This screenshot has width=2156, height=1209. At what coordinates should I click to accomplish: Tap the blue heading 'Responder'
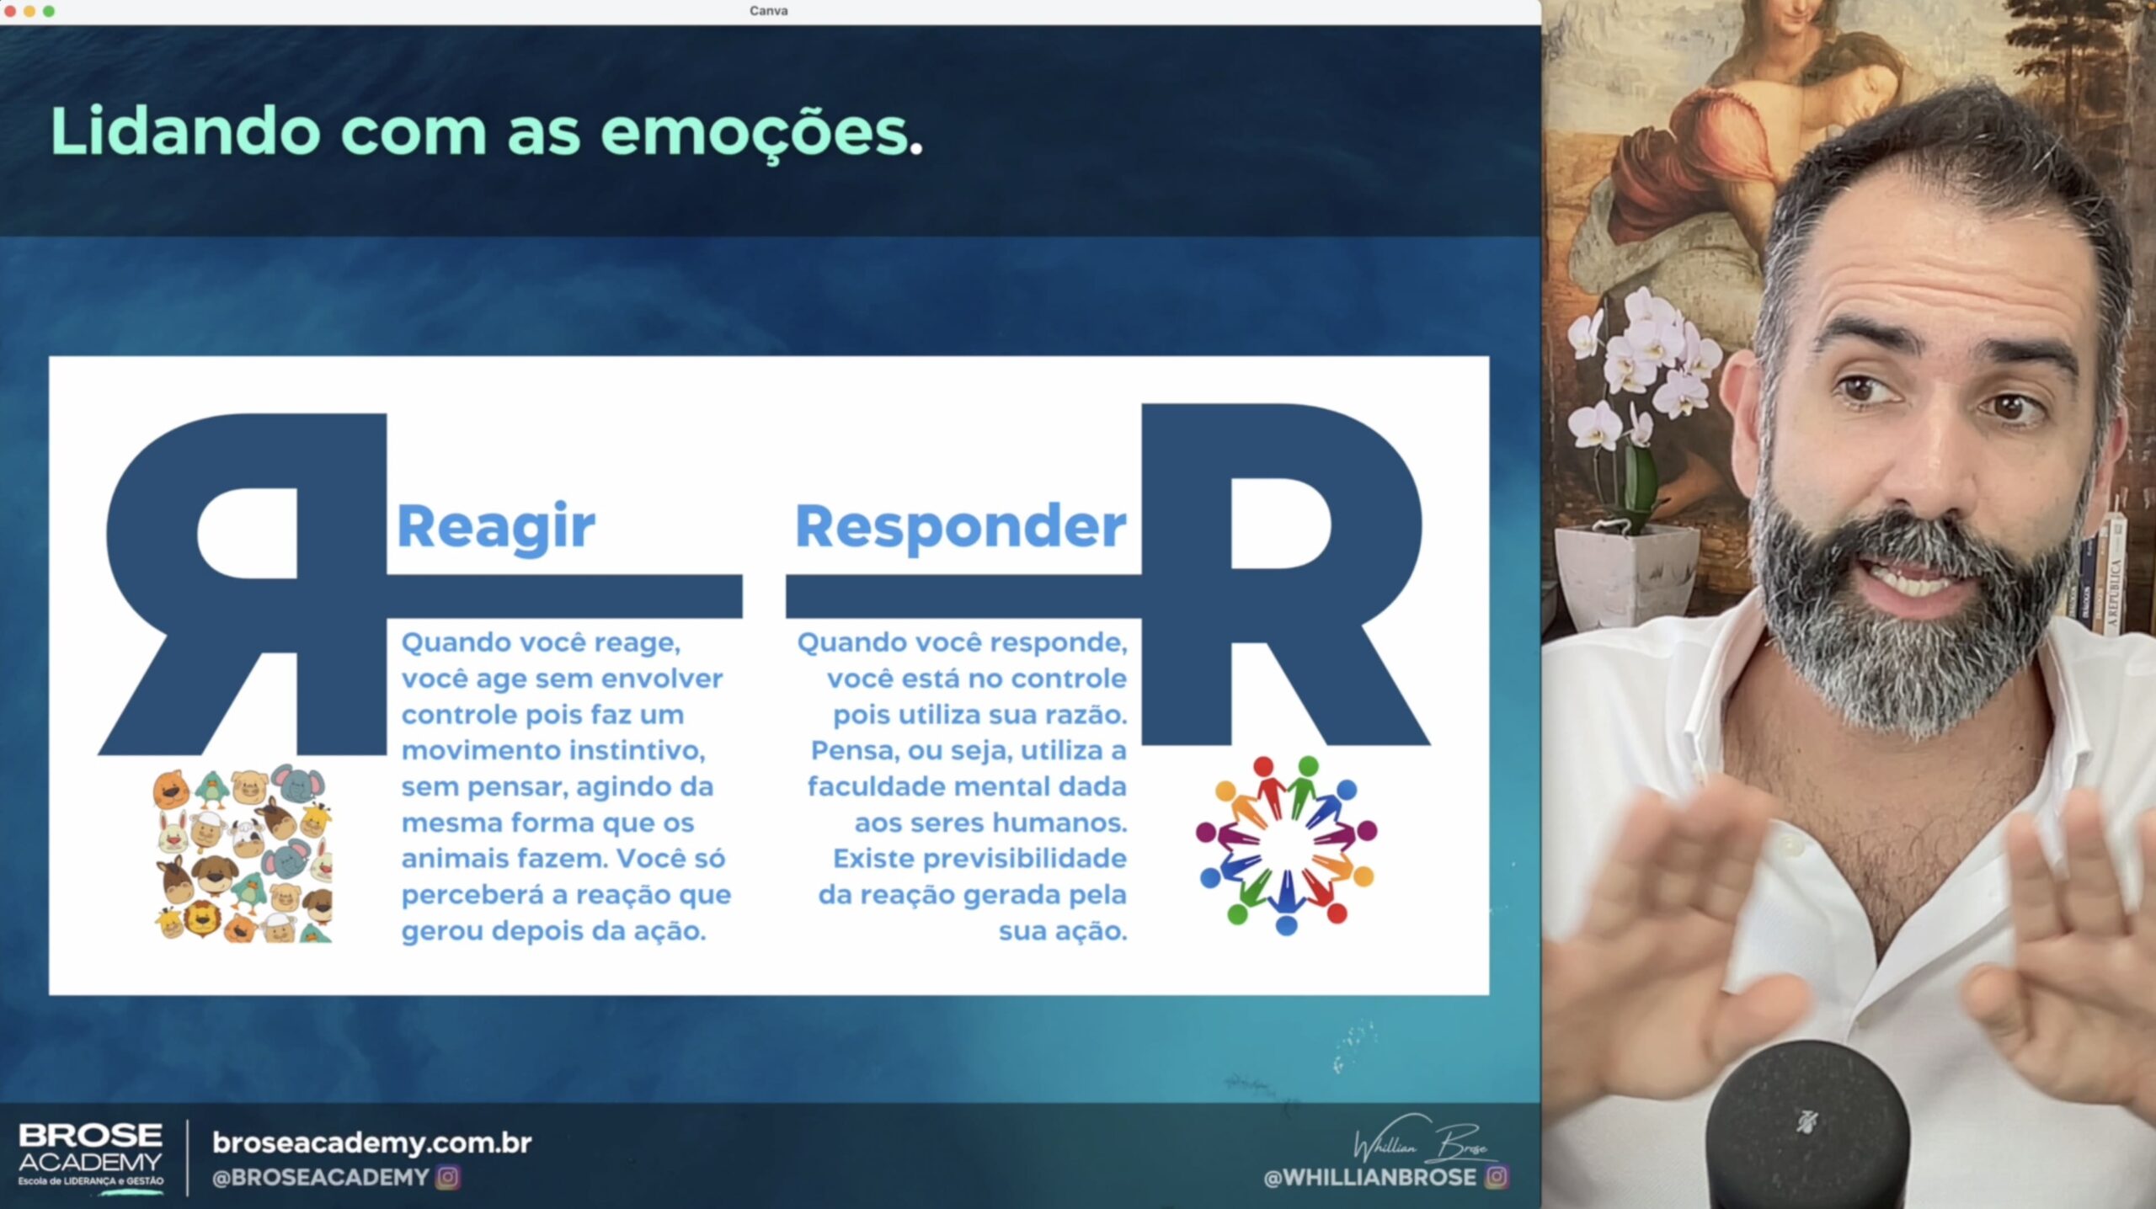click(x=961, y=527)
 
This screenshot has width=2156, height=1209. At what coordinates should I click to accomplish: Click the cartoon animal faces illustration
click(x=243, y=852)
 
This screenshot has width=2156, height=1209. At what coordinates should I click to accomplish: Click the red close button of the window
click(x=10, y=11)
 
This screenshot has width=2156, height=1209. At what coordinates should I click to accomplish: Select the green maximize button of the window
click(x=49, y=11)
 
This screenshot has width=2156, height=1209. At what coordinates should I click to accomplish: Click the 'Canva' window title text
click(x=768, y=11)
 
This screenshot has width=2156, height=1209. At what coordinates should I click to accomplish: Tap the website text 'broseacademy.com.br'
click(x=371, y=1142)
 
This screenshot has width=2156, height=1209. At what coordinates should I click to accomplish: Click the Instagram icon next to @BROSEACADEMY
click(x=448, y=1177)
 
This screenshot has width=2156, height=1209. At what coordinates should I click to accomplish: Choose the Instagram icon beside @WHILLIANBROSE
click(x=1497, y=1176)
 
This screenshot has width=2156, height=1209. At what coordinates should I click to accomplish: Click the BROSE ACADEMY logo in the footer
click(x=91, y=1155)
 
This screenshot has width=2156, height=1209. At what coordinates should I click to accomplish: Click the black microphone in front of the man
click(x=1808, y=1125)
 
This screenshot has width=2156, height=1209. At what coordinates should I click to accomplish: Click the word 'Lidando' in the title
click(x=185, y=131)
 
